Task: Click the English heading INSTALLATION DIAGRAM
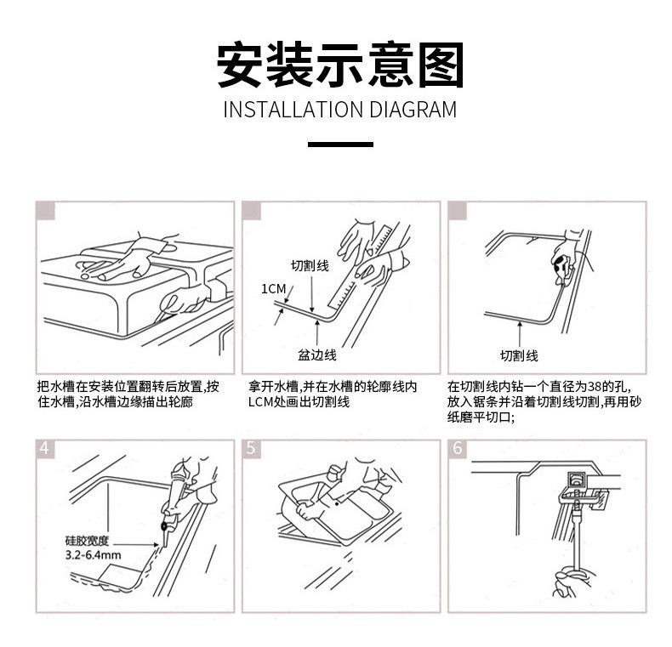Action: (x=340, y=110)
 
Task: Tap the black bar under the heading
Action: (x=340, y=145)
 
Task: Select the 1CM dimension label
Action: (x=273, y=289)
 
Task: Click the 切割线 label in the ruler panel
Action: (x=310, y=266)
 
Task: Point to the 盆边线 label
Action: (x=317, y=355)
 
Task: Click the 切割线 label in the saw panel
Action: (x=519, y=355)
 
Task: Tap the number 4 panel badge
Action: (x=44, y=449)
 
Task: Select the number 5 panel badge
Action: (x=251, y=449)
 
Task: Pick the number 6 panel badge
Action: (x=458, y=449)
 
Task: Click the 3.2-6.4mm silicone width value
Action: (x=93, y=555)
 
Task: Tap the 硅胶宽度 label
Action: (x=88, y=542)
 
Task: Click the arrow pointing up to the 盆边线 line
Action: (x=317, y=333)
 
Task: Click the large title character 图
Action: (x=441, y=65)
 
